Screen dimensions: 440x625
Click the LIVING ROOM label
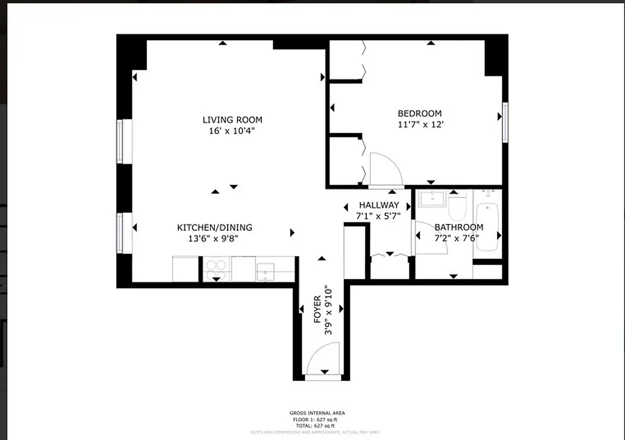[x=232, y=120]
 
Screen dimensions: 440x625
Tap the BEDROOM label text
[x=419, y=114]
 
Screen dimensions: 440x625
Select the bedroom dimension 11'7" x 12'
[x=420, y=125]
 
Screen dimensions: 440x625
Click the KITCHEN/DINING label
[x=214, y=228]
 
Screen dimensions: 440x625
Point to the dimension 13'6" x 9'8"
[x=213, y=239]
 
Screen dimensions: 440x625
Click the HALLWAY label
[x=379, y=206]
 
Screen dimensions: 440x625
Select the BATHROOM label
[x=459, y=227]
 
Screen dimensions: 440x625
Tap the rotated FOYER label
[x=317, y=309]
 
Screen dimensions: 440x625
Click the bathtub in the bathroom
[x=487, y=227]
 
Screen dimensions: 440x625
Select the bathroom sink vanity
[x=432, y=199]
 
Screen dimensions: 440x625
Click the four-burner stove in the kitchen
[x=216, y=268]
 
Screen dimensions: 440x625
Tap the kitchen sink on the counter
[x=266, y=271]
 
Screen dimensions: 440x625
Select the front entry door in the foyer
[x=323, y=361]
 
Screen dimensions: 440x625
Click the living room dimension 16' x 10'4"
[x=232, y=131]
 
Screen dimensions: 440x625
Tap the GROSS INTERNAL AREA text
[x=317, y=413]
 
